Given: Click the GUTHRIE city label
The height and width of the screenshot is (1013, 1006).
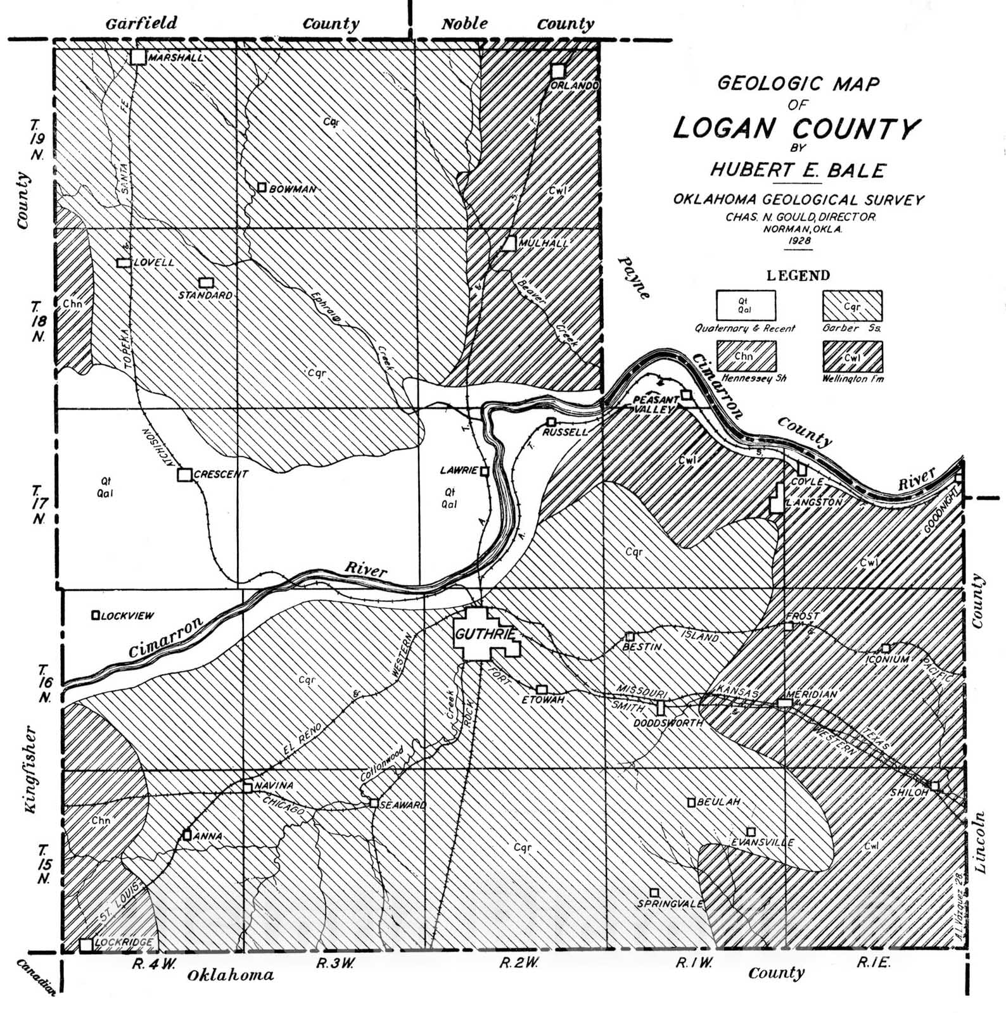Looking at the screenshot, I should point(485,634).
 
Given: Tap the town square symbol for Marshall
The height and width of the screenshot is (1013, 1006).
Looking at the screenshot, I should point(138,57).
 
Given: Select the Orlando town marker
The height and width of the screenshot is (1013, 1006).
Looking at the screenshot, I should point(557,71).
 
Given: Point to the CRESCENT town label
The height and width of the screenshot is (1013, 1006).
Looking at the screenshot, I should point(220,474).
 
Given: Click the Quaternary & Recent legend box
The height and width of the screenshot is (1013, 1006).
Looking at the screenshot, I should point(746,305).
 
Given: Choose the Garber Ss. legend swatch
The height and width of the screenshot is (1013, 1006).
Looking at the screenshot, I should point(852,306).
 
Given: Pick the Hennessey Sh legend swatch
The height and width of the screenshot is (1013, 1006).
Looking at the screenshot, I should point(746,356).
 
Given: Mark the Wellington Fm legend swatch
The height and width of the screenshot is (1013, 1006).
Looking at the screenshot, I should point(852,356).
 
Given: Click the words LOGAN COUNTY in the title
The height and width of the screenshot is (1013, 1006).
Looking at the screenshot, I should point(796,129).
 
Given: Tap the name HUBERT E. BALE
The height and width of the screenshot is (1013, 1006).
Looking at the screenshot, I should point(798,170).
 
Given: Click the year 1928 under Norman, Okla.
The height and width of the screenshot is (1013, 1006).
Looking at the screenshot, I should point(800,241).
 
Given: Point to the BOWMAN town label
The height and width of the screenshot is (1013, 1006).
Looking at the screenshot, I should point(292,189).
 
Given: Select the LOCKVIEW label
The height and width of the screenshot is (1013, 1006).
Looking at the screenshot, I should point(127,615).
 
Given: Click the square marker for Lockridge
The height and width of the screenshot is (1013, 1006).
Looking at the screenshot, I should point(86,945).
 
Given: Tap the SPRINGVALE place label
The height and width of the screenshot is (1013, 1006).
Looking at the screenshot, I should point(670,903).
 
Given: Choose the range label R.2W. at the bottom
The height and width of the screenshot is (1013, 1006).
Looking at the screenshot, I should point(519,963).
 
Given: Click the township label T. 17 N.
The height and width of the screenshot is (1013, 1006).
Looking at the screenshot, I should point(38,505).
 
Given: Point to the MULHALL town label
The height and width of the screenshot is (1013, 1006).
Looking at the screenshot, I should point(543,243).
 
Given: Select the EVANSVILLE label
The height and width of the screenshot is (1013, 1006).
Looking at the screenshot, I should point(762,843).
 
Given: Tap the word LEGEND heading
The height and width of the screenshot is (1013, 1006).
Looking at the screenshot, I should point(798,275).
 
